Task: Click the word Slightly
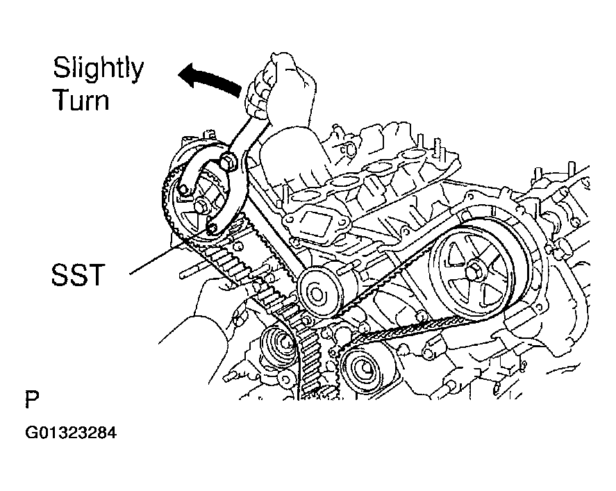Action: pyautogui.click(x=99, y=69)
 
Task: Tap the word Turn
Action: pyautogui.click(x=81, y=101)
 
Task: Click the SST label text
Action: pyautogui.click(x=77, y=276)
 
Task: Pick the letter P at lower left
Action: pyautogui.click(x=32, y=401)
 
